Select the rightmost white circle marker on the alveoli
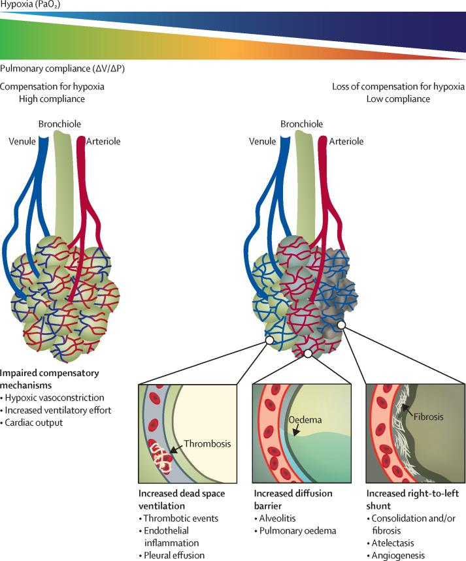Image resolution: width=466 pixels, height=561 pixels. (x=341, y=325)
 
